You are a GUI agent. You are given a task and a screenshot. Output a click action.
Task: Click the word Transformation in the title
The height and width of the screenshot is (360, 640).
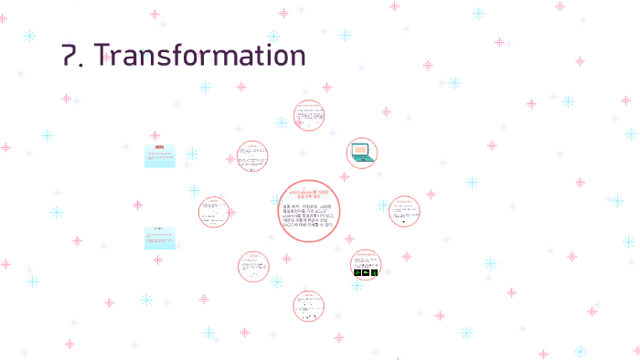(x=202, y=55)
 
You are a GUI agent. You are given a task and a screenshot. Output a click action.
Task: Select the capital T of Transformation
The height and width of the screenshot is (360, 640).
(x=107, y=55)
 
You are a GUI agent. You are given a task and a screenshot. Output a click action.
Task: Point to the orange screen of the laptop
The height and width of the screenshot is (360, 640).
(x=360, y=148)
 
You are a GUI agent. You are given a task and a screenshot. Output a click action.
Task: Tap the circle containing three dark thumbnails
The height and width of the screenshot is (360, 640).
(x=366, y=264)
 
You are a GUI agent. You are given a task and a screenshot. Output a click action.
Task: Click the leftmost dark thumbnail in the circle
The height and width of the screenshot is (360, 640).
(x=357, y=271)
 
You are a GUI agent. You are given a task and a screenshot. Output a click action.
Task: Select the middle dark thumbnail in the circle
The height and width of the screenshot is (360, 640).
(x=367, y=271)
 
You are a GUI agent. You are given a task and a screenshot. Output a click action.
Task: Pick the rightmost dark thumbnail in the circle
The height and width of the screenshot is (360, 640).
(x=376, y=271)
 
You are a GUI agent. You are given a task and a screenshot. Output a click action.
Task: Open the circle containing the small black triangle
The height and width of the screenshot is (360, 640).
(x=403, y=210)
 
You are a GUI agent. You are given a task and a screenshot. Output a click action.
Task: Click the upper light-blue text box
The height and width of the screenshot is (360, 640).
(x=159, y=155)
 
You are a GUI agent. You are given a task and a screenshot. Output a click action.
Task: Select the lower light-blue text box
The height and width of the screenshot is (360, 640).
(x=159, y=238)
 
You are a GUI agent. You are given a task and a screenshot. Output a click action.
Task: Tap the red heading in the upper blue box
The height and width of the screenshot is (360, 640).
(x=159, y=147)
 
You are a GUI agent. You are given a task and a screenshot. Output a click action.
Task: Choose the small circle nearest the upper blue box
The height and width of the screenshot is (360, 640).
(x=251, y=156)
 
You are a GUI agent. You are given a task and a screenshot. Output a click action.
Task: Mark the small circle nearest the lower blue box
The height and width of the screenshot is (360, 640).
(x=215, y=211)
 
